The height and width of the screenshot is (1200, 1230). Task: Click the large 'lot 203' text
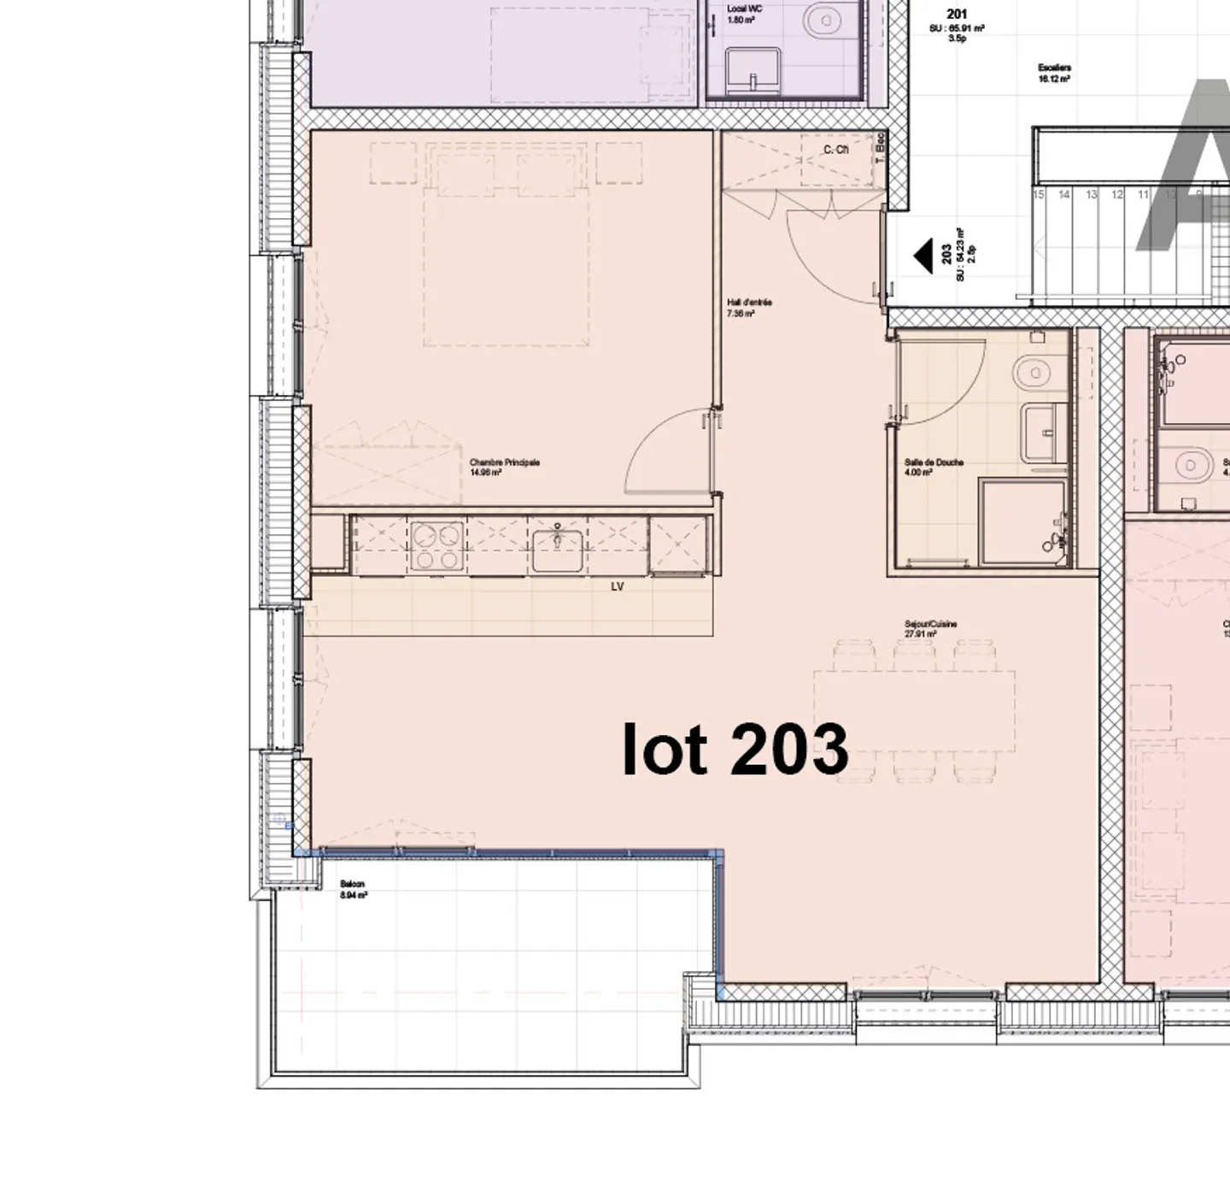(735, 750)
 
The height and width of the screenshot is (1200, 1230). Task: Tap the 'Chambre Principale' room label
(504, 463)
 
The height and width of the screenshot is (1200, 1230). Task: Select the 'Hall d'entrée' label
(749, 303)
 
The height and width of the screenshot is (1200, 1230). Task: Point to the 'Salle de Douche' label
(934, 462)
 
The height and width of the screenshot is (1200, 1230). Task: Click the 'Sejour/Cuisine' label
(930, 624)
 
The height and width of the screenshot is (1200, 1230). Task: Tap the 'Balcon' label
(352, 885)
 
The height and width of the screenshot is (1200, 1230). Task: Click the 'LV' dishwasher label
(617, 586)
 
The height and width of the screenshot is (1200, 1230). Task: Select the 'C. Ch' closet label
(835, 150)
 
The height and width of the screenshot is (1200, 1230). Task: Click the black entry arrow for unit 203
(922, 256)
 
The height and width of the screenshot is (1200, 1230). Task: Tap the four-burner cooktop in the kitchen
(436, 546)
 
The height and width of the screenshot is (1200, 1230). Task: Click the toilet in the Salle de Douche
(1033, 373)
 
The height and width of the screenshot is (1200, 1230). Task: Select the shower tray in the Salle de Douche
(1022, 523)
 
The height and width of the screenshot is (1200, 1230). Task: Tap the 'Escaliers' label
(1054, 68)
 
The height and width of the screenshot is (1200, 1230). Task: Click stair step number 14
(1063, 195)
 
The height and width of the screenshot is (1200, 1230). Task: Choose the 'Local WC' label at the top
(744, 9)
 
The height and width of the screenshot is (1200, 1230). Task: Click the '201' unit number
(957, 15)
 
